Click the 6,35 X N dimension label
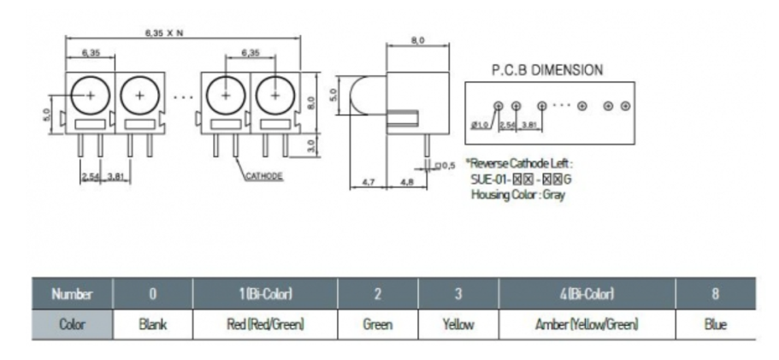point(164,32)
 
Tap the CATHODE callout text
point(264,176)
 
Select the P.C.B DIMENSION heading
point(547,70)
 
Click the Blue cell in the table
point(716,325)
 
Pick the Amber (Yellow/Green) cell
point(587,325)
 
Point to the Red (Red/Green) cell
point(265,325)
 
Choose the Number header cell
point(73,294)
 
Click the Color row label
point(73,325)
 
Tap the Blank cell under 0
point(153,325)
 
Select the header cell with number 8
point(716,294)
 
